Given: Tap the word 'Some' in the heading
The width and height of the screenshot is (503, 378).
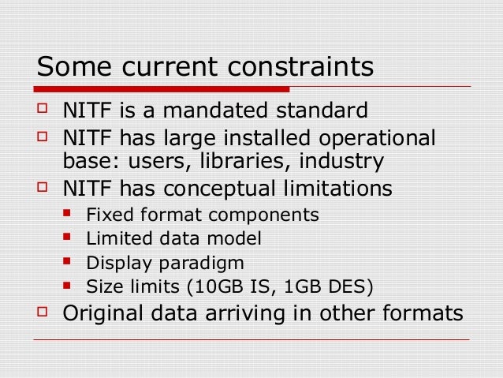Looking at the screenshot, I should [70, 66].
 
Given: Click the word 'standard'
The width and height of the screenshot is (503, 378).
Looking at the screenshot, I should [328, 109].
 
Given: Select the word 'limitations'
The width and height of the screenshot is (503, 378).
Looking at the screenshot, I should [341, 189].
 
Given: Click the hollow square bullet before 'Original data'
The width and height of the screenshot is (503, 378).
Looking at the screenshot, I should [43, 312].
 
